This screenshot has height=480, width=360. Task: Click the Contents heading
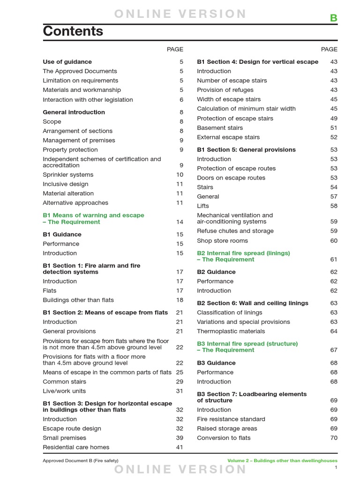point(73,31)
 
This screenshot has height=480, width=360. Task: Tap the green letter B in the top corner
point(333,18)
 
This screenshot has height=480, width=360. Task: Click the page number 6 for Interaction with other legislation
point(181,100)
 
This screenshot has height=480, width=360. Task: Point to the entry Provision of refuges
point(225,90)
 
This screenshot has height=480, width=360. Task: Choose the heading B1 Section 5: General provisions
point(246,150)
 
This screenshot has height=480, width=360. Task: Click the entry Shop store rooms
point(222,240)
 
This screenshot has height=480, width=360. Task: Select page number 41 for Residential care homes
point(180,447)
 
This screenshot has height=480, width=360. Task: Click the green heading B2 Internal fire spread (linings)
point(243,253)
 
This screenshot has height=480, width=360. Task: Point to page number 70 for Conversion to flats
point(333,438)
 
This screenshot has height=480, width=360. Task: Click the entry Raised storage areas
point(227,428)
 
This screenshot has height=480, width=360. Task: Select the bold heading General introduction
point(74,112)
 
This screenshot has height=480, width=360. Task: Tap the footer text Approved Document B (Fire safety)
point(81,461)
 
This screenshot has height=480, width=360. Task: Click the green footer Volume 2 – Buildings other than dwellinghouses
point(282,461)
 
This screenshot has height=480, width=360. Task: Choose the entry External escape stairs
point(228,137)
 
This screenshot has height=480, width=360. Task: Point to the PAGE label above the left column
point(175,49)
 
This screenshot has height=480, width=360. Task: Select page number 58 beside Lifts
point(333,206)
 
